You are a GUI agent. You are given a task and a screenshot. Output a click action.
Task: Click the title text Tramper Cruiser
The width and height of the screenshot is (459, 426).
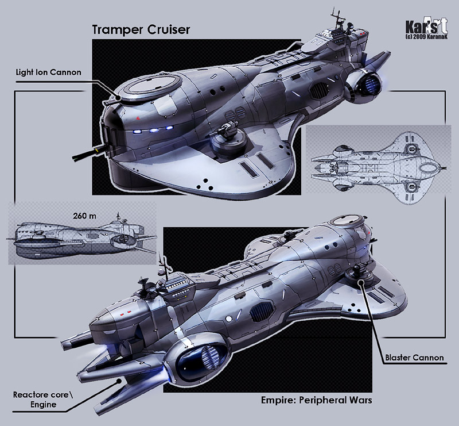[x=141, y=30]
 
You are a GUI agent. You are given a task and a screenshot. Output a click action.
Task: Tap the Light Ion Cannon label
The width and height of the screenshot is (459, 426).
[x=49, y=72]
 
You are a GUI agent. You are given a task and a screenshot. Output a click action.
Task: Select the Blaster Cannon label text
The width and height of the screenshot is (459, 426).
[x=414, y=358]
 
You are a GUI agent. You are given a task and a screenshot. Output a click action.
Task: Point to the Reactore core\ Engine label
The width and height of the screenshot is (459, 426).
[x=42, y=400]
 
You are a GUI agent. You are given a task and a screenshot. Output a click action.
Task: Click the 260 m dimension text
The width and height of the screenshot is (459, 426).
[x=84, y=216]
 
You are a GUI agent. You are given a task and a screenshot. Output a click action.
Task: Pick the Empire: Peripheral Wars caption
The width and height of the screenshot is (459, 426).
[x=317, y=400]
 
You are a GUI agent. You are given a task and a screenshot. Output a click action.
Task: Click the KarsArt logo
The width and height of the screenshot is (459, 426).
[x=426, y=26]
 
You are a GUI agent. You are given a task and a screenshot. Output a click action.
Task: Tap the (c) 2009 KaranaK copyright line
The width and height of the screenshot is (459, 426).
[x=426, y=37]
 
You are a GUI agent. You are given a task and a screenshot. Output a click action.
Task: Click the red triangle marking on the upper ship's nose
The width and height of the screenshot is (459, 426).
[x=138, y=118]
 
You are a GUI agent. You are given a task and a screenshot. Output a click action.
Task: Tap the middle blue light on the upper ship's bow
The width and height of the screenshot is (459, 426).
[x=153, y=130]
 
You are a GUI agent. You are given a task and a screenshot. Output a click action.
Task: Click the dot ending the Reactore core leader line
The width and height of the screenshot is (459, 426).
[x=119, y=381]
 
